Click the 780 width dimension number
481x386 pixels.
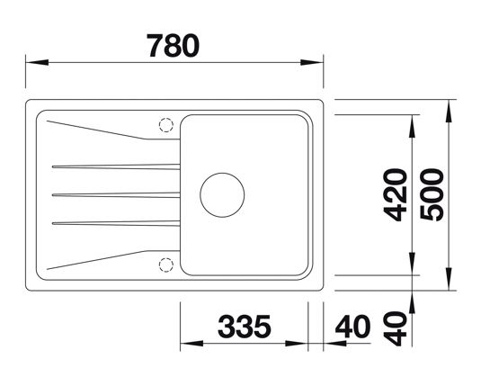pos(173,46)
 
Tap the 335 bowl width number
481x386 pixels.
pos(245,326)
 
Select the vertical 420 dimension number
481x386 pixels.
pos(396,195)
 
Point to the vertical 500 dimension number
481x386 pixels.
pos(432,195)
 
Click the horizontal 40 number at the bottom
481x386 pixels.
pos(352,326)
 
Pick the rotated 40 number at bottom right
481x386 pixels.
pos(396,329)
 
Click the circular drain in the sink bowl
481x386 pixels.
pos(222,195)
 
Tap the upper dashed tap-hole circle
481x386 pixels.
pos(166,125)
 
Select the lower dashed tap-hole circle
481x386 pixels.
pos(166,265)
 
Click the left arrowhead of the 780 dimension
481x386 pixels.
pos(37,62)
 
